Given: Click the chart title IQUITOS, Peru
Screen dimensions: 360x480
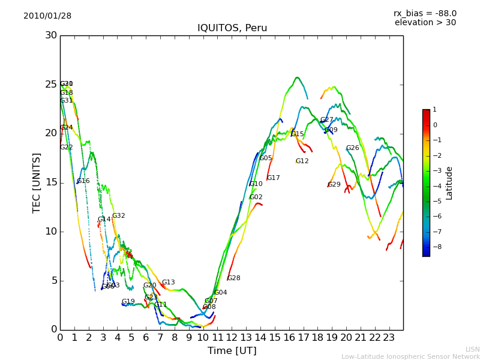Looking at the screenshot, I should pyautogui.click(x=232, y=28).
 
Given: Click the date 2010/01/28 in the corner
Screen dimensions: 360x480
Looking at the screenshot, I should pyautogui.click(x=47, y=16).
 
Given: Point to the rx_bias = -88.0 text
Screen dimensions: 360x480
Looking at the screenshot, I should pyautogui.click(x=425, y=13).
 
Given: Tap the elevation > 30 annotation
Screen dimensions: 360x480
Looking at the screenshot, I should pyautogui.click(x=425, y=23).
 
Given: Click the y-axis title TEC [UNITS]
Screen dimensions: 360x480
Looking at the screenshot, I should pyautogui.click(x=37, y=182).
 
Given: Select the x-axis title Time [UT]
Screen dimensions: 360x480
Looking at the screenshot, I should pyautogui.click(x=232, y=351).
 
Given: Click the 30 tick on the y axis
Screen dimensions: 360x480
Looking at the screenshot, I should pyautogui.click(x=51, y=35).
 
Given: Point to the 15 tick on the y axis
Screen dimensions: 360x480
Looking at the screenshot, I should pyautogui.click(x=51, y=182).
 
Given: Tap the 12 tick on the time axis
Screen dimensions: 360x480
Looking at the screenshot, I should pyautogui.click(x=232, y=338).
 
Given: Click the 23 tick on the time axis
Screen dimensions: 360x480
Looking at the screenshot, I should pyautogui.click(x=389, y=338).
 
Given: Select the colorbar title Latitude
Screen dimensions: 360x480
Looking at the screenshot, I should pyautogui.click(x=449, y=183).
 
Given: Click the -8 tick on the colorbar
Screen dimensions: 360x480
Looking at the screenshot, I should pyautogui.click(x=434, y=247).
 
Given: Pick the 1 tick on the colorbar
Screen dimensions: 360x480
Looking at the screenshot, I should pyautogui.click(x=434, y=110).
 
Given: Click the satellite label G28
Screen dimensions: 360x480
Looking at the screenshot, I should pyautogui.click(x=233, y=278).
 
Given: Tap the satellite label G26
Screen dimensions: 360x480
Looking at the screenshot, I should pyautogui.click(x=352, y=148).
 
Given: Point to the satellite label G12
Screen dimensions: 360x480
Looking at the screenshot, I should pyautogui.click(x=302, y=161).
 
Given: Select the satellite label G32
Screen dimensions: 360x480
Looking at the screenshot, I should pyautogui.click(x=119, y=216).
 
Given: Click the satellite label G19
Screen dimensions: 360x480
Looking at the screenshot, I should pyautogui.click(x=128, y=302).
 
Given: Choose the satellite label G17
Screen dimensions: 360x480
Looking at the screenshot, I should pyautogui.click(x=274, y=178).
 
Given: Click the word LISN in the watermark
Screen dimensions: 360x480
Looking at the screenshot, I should pyautogui.click(x=473, y=349).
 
